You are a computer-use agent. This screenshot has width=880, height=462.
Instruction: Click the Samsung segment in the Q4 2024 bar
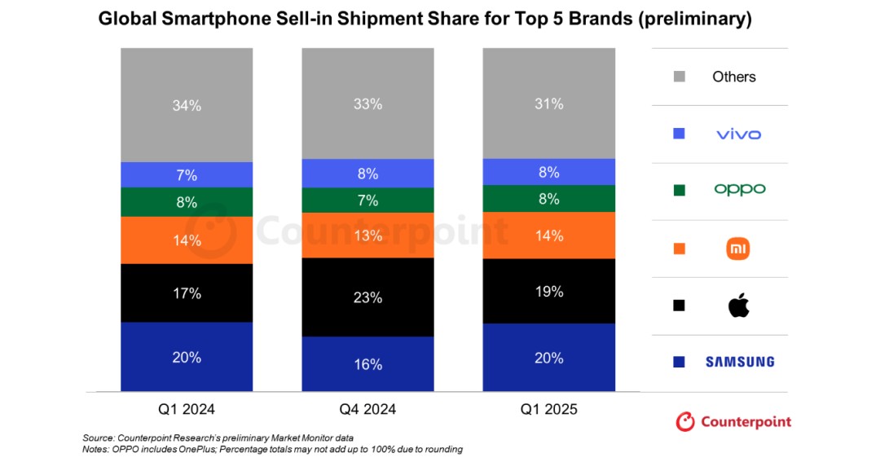pos(367,364)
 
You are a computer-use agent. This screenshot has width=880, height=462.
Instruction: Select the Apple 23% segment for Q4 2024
pos(367,297)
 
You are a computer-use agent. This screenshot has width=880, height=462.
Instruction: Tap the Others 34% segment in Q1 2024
pos(187,105)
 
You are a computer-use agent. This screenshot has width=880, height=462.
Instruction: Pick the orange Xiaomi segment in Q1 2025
pos(548,235)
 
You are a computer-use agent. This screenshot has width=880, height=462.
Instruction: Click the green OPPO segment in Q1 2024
pos(187,202)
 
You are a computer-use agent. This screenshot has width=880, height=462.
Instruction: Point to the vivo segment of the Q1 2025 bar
pos(548,172)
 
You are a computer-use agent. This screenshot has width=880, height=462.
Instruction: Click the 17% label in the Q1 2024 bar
pos(187,293)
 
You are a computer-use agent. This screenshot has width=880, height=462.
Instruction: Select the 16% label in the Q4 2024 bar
pos(367,364)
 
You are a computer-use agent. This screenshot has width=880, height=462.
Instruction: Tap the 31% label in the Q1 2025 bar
pos(548,103)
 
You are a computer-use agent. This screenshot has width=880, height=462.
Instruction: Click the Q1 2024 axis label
pos(187,409)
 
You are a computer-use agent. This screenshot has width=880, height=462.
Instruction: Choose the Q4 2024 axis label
pos(367,409)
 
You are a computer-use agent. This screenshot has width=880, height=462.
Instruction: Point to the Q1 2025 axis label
pos(548,409)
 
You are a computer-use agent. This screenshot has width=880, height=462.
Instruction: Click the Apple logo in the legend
pos(738,306)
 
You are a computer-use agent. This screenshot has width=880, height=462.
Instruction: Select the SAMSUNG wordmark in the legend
pos(740,362)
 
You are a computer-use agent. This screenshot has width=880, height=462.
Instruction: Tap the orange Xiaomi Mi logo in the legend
pos(738,249)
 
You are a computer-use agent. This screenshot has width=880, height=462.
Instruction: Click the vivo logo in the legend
pos(738,134)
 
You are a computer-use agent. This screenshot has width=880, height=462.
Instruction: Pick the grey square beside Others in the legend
pos(680,77)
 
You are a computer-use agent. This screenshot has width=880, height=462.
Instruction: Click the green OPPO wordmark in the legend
pos(740,189)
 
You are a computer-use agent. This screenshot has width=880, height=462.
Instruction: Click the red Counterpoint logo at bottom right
pos(733,421)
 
